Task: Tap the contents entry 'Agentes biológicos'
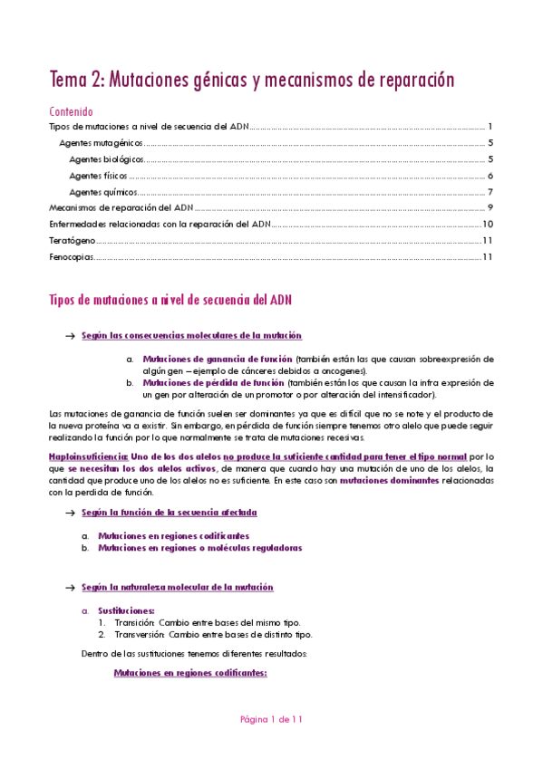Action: pyautogui.click(x=106, y=159)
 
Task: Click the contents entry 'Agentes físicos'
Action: pyautogui.click(x=98, y=176)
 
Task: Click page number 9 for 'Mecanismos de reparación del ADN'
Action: pyautogui.click(x=489, y=208)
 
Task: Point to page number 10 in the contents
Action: pyautogui.click(x=487, y=225)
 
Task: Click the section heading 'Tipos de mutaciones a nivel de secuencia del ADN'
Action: pyautogui.click(x=170, y=300)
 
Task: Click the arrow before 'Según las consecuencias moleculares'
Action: pyautogui.click(x=69, y=336)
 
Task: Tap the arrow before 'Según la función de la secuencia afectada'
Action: pyautogui.click(x=69, y=513)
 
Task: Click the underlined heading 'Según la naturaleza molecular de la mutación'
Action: pyautogui.click(x=177, y=588)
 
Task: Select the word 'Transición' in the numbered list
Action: pyautogui.click(x=133, y=623)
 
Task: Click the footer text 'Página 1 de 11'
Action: pyautogui.click(x=271, y=720)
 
